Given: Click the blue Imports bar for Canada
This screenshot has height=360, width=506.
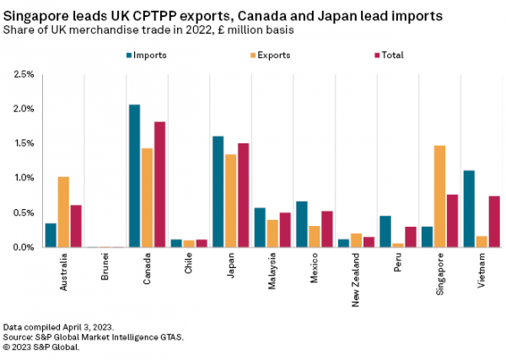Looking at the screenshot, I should [134, 176].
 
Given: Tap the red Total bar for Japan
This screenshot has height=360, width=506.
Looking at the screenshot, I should [244, 195].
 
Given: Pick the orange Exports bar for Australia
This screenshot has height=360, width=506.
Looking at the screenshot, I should [63, 212].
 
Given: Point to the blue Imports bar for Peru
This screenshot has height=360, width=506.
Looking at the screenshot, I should [385, 232].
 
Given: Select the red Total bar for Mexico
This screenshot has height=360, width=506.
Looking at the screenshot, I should [327, 229].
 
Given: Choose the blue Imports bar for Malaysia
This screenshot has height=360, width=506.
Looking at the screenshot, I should [260, 228].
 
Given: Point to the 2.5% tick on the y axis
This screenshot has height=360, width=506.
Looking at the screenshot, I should [23, 74].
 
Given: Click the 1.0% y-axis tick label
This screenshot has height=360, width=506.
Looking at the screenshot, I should [23, 178].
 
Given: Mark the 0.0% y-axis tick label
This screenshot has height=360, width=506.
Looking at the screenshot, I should [23, 247].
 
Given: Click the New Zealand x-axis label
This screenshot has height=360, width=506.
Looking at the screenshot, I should [356, 273].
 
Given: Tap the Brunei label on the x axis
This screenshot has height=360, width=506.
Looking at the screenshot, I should [105, 265].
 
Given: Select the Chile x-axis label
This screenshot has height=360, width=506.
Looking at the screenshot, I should [189, 262].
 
